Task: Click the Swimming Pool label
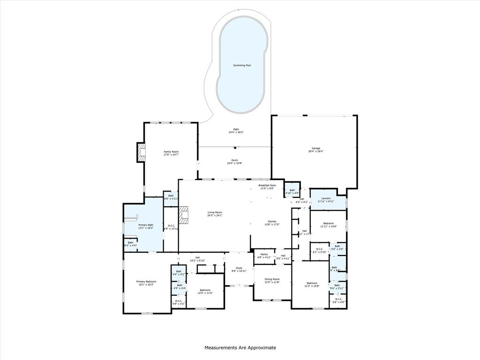click(x=242, y=65)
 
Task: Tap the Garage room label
click(x=315, y=149)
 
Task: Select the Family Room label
click(x=171, y=152)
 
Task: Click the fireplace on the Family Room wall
click(x=141, y=152)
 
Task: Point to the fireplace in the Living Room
click(x=186, y=215)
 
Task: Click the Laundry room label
click(x=326, y=198)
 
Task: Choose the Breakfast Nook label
click(x=267, y=185)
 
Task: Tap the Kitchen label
click(x=272, y=221)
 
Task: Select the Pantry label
click(x=264, y=255)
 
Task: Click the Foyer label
click(x=239, y=268)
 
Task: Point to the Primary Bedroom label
click(x=146, y=282)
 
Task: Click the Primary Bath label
click(x=145, y=225)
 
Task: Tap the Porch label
click(x=235, y=160)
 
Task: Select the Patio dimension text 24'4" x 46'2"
click(x=236, y=132)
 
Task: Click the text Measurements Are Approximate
click(x=240, y=348)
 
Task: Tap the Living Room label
click(x=215, y=212)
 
